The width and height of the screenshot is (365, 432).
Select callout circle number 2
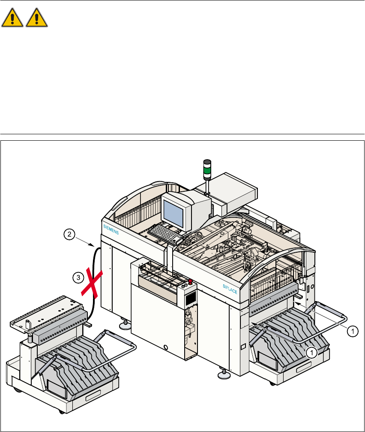click(69, 234)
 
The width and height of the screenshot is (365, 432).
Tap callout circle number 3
click(78, 278)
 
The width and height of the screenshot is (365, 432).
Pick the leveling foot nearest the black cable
click(126, 325)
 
